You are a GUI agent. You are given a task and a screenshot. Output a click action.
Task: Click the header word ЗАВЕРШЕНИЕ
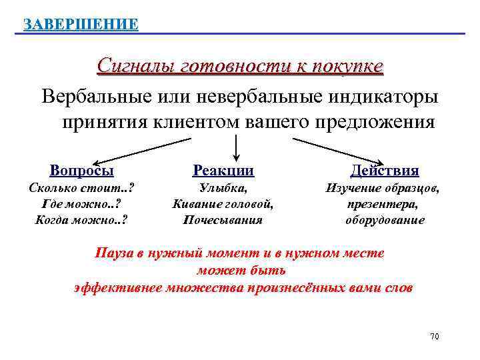pyautogui.click(x=81, y=25)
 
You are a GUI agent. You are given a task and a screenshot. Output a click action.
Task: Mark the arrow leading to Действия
pyautogui.click(x=337, y=151)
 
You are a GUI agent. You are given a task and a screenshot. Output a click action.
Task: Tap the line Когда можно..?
pyautogui.click(x=81, y=219)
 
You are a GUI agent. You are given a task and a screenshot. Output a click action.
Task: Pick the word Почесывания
pyautogui.click(x=223, y=219)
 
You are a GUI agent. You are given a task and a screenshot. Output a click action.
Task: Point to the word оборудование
pyautogui.click(x=385, y=219)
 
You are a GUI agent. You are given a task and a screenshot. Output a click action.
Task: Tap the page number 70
pyautogui.click(x=434, y=337)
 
